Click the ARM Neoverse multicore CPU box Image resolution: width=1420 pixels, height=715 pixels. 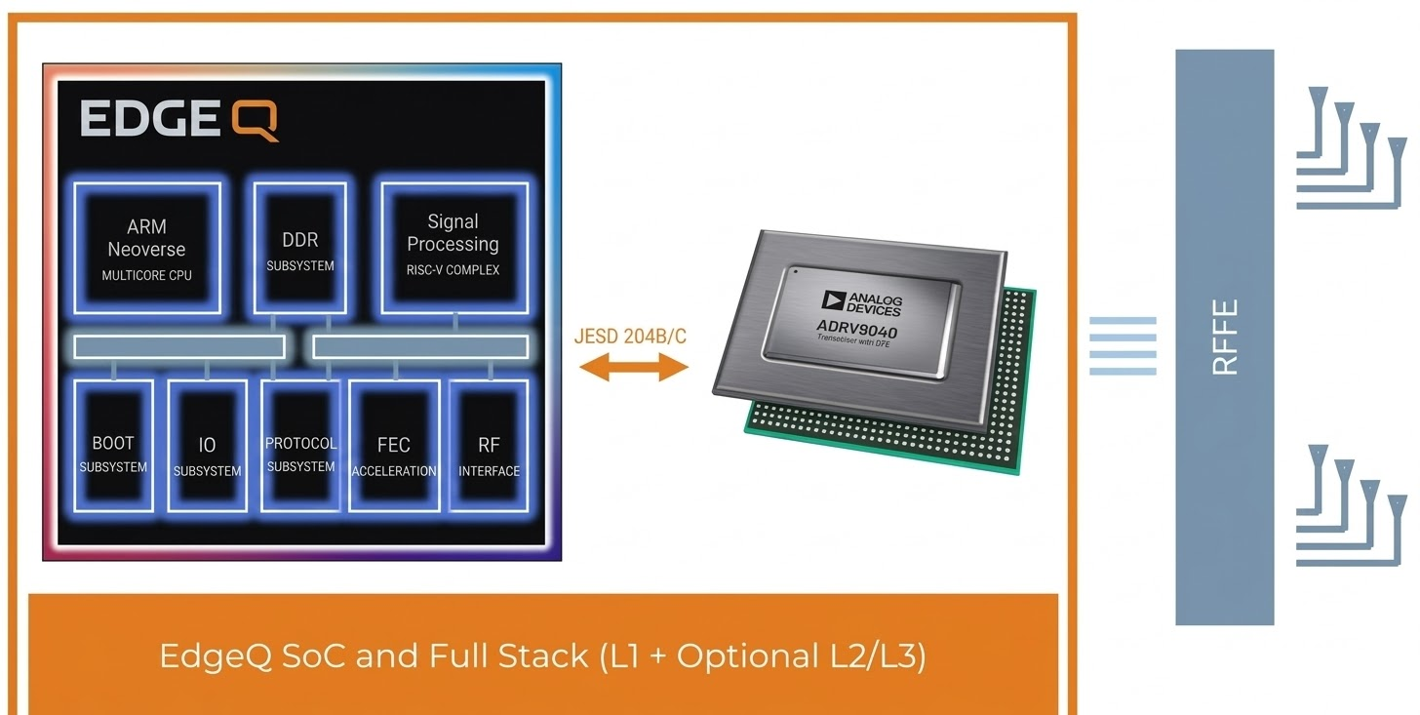pos(147,248)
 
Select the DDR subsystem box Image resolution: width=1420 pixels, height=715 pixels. pos(299,248)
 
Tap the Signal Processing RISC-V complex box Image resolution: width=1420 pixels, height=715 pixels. pos(453,248)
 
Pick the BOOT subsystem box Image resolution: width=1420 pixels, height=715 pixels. pos(113,446)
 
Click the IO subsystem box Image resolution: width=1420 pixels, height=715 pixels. pos(207,446)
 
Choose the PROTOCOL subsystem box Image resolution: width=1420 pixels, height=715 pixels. pos(300,446)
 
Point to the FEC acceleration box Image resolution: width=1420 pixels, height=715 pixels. pos(394,446)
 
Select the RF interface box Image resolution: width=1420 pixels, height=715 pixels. pos(489,446)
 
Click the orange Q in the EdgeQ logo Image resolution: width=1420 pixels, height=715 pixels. pos(256,121)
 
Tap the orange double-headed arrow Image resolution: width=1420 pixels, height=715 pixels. pos(634,368)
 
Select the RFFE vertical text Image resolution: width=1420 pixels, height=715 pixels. pos(1225,337)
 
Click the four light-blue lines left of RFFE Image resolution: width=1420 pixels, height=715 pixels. pos(1123,346)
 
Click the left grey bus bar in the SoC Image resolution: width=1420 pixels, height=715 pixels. pos(179,346)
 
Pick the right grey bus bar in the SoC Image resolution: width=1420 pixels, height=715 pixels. pos(420,346)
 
